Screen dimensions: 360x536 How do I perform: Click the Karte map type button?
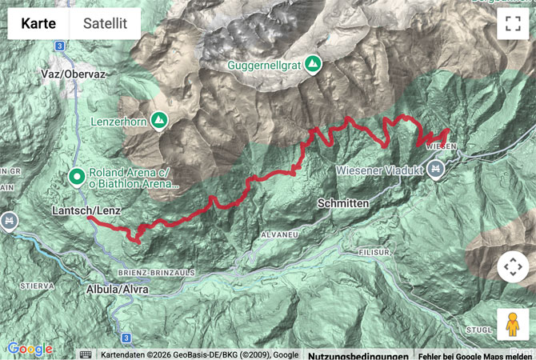(38, 24)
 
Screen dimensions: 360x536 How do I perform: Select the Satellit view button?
(105, 24)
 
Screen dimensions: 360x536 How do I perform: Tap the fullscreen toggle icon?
(513, 23)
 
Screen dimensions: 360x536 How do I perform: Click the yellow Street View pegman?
(512, 324)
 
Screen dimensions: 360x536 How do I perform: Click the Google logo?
(30, 350)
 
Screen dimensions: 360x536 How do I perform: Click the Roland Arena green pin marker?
(77, 176)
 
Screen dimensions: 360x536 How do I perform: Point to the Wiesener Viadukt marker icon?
(435, 168)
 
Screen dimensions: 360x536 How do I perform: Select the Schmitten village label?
(342, 204)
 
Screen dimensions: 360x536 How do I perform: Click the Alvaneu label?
(279, 234)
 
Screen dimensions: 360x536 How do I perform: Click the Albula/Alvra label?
(117, 289)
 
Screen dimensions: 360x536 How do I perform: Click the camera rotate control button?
(513, 267)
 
